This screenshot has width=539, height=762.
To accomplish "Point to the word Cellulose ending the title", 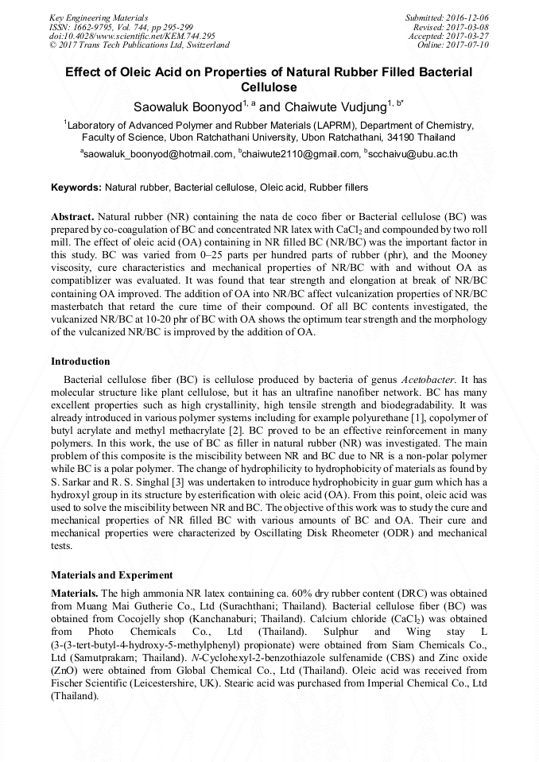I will point(269,87).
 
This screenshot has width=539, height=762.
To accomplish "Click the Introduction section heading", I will point(80,362).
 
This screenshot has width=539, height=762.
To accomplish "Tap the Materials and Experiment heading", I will point(111,574).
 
